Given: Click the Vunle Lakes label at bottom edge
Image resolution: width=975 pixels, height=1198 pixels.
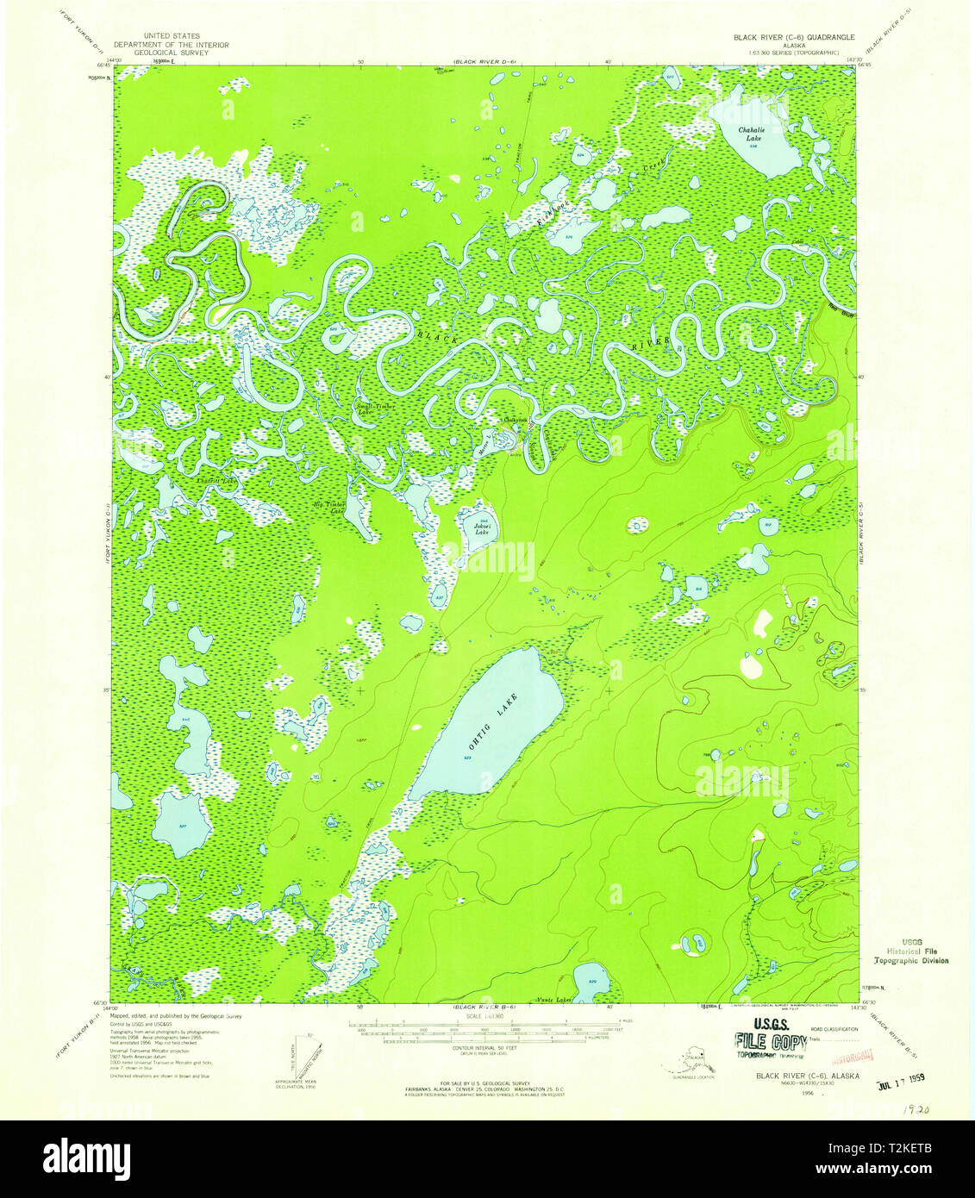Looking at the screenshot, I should click(x=554, y=1000).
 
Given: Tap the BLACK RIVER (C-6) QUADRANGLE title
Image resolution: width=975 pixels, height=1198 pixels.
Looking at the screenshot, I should click(x=793, y=38).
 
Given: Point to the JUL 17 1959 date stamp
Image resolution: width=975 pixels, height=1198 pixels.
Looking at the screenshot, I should click(x=912, y=1078).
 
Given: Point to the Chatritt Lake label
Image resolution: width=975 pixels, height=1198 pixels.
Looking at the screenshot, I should click(x=216, y=480).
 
